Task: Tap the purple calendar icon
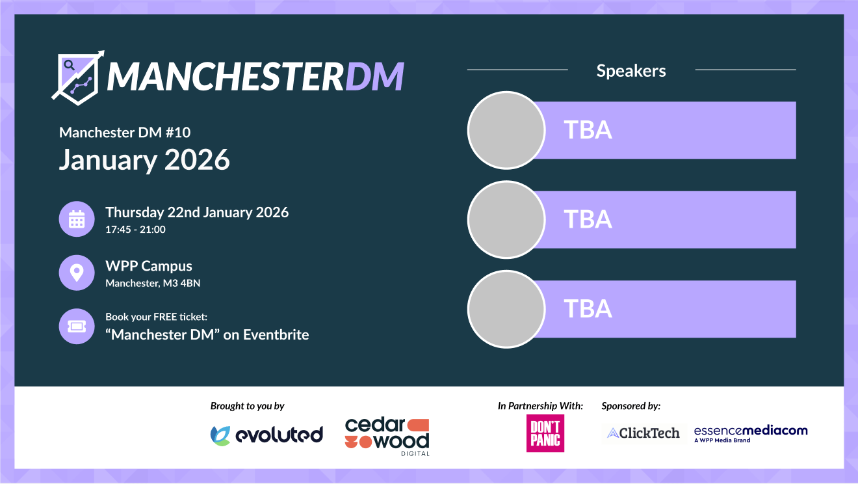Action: (x=77, y=219)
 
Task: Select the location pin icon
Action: (x=77, y=273)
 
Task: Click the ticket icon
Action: (x=77, y=326)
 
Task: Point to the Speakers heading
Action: (x=631, y=71)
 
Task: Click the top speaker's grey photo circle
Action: (x=506, y=130)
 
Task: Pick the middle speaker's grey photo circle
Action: (x=506, y=220)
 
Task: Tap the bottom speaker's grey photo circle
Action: (x=506, y=309)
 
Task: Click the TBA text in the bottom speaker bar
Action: (x=588, y=308)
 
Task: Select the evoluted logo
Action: (x=266, y=435)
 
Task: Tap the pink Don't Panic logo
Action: (x=545, y=433)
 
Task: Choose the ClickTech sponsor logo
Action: (x=643, y=433)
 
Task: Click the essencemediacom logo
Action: (x=751, y=434)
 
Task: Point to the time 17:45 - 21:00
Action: (x=136, y=230)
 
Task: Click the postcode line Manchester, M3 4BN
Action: (x=153, y=283)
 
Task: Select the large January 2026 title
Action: (x=144, y=160)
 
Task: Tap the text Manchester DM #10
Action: (x=125, y=133)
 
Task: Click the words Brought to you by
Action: (x=248, y=406)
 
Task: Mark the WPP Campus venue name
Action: (x=149, y=266)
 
